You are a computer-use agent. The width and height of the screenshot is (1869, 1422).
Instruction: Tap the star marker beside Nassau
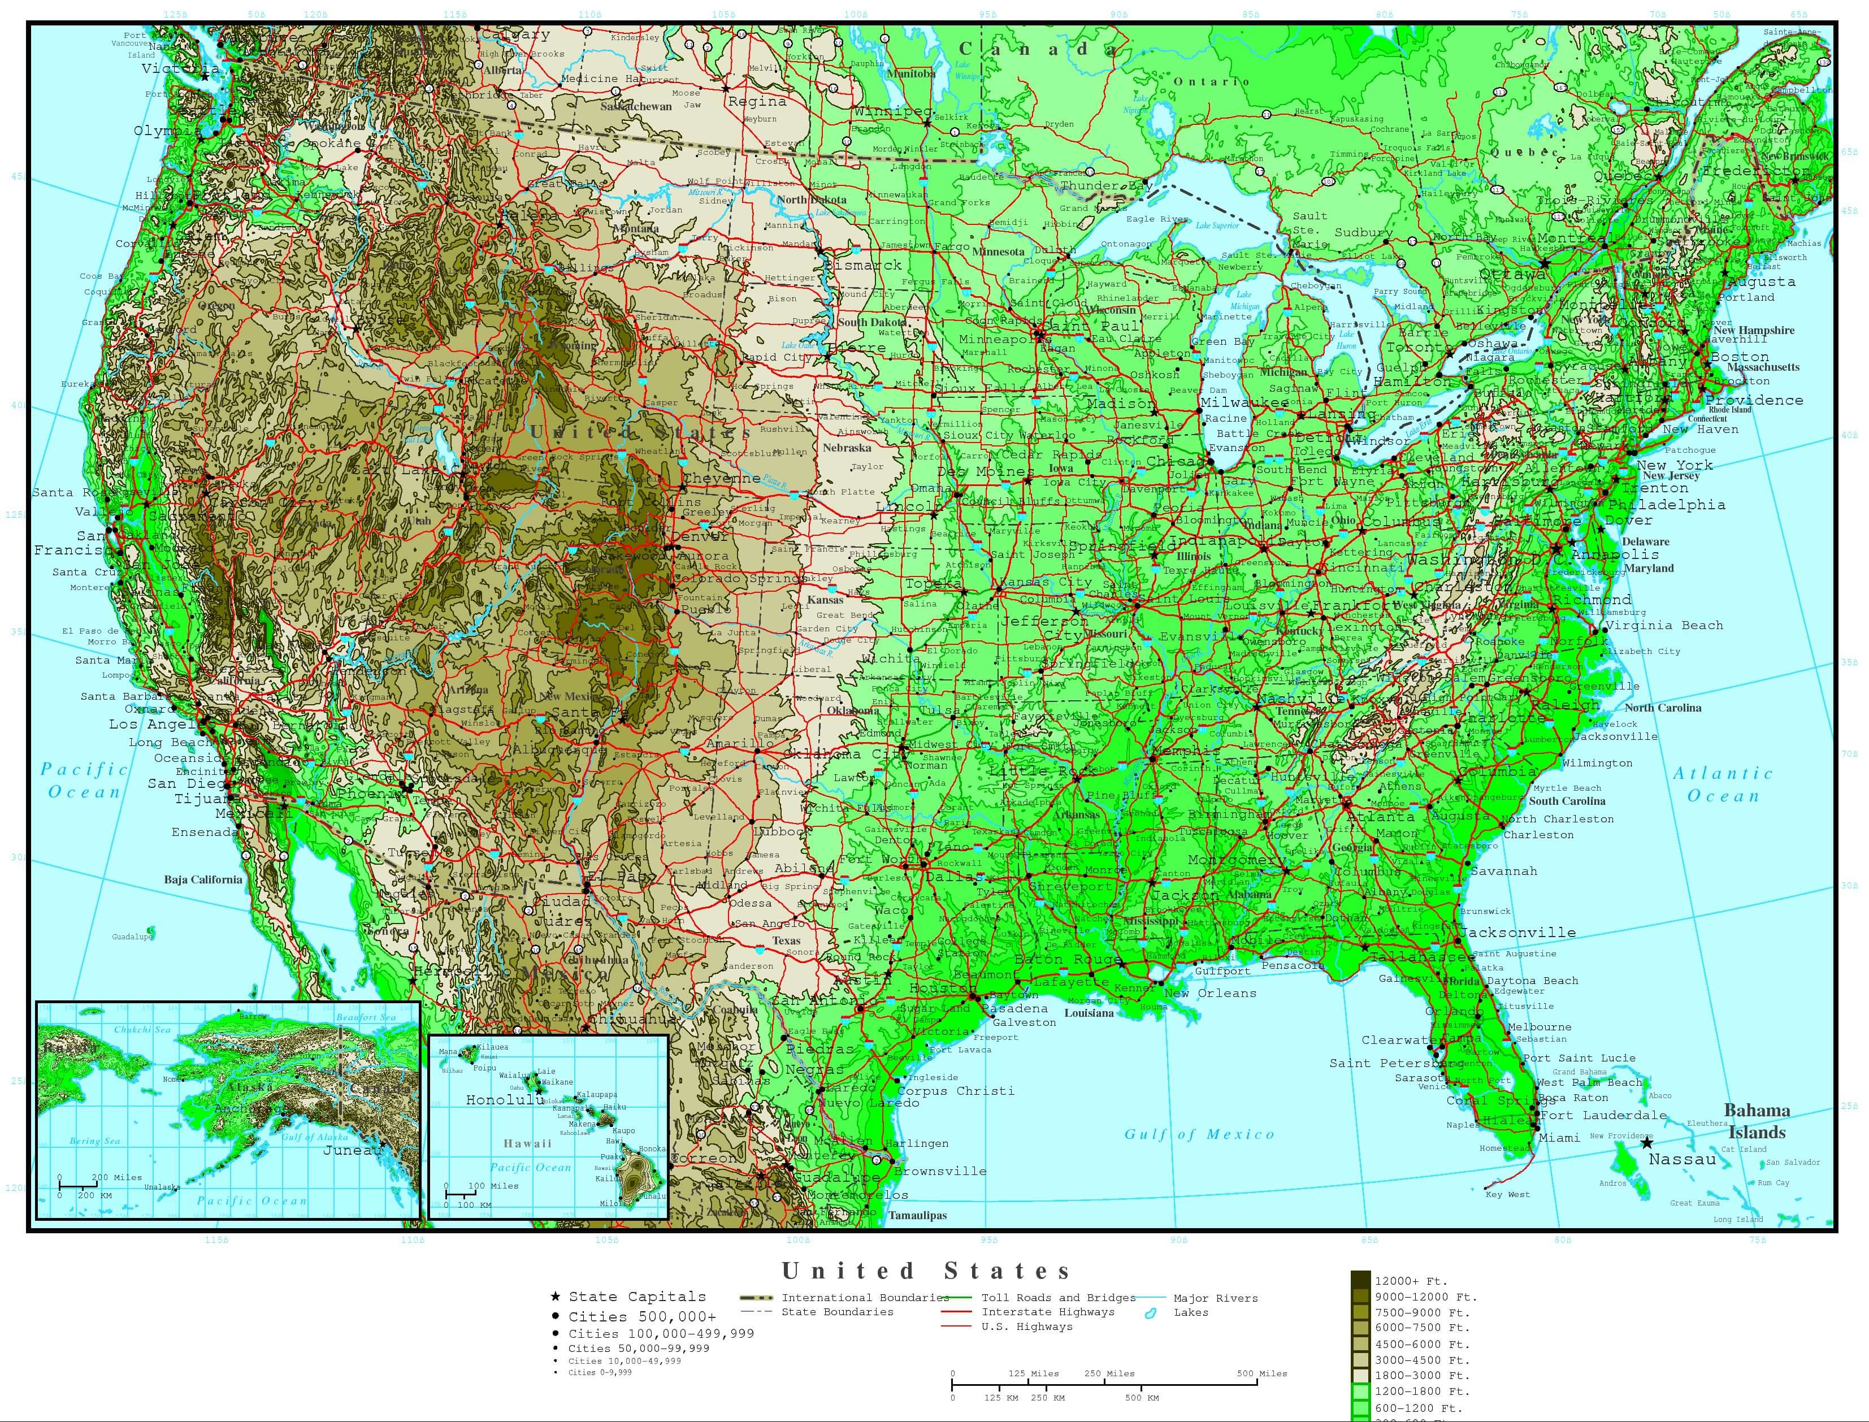pyautogui.click(x=1646, y=1143)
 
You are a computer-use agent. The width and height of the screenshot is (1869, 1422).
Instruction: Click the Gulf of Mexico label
pyautogui.click(x=1199, y=1134)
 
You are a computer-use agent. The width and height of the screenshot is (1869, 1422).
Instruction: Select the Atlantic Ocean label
pyautogui.click(x=1723, y=784)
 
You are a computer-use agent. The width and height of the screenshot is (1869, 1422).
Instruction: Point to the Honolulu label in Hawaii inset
pyautogui.click(x=505, y=1099)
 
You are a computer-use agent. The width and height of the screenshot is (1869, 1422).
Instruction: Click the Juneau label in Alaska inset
pyautogui.click(x=353, y=1150)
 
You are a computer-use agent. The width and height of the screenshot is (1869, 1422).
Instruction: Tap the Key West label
pyautogui.click(x=1507, y=1194)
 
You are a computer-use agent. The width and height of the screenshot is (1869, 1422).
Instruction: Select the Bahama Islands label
pyautogui.click(x=1757, y=1121)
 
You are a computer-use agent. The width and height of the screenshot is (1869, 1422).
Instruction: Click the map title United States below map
pyautogui.click(x=926, y=1271)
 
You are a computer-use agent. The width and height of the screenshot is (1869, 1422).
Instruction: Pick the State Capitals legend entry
pyautogui.click(x=636, y=1297)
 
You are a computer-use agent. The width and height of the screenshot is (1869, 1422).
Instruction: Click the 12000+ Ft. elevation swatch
pyautogui.click(x=1360, y=1281)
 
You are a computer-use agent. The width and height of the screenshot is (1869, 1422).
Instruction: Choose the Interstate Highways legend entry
pyautogui.click(x=1047, y=1312)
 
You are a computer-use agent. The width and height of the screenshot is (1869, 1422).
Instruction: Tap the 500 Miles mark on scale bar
pyautogui.click(x=1261, y=1374)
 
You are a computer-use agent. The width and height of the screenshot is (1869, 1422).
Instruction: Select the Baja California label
pyautogui.click(x=203, y=879)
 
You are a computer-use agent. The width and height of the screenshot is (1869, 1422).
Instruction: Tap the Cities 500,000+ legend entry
pyautogui.click(x=641, y=1316)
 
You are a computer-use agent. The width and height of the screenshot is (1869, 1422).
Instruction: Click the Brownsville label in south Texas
pyautogui.click(x=939, y=1172)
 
